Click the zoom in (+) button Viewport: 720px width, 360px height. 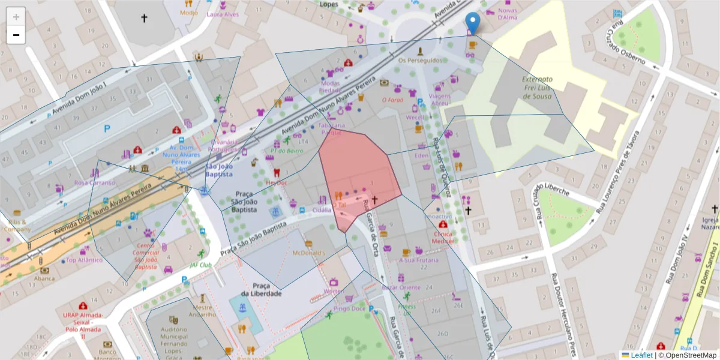pyautogui.click(x=16, y=16)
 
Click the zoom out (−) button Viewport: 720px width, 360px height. pyautogui.click(x=16, y=35)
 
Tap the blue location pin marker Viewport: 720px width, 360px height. pyautogui.click(x=473, y=23)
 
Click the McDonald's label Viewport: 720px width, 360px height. pyautogui.click(x=308, y=253)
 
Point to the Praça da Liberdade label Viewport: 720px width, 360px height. pyautogui.click(x=261, y=290)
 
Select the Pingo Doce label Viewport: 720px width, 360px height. pyautogui.click(x=350, y=308)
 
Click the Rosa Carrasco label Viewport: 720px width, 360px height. pyautogui.click(x=94, y=182)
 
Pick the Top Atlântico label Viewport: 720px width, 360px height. pyautogui.click(x=84, y=260)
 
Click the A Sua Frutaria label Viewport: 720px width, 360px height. pyautogui.click(x=419, y=260)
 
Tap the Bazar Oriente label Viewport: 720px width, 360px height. pyautogui.click(x=401, y=287)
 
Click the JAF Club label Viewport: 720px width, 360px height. pyautogui.click(x=201, y=265)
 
